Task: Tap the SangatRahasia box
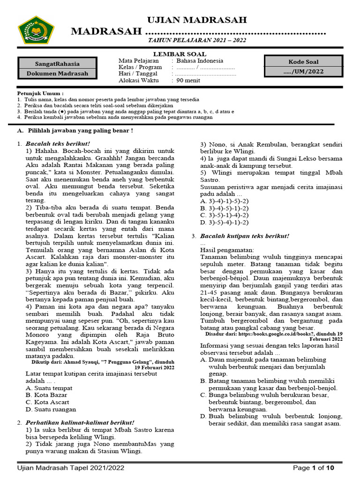coord(57,64)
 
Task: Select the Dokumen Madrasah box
coord(57,74)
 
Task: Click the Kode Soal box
coord(303,62)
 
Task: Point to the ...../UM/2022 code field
coord(303,72)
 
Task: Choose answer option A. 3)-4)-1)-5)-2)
coord(224,201)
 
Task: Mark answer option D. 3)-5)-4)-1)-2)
coord(224,222)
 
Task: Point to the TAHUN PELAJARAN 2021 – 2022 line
coord(197,40)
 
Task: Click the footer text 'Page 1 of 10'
coord(314,468)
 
